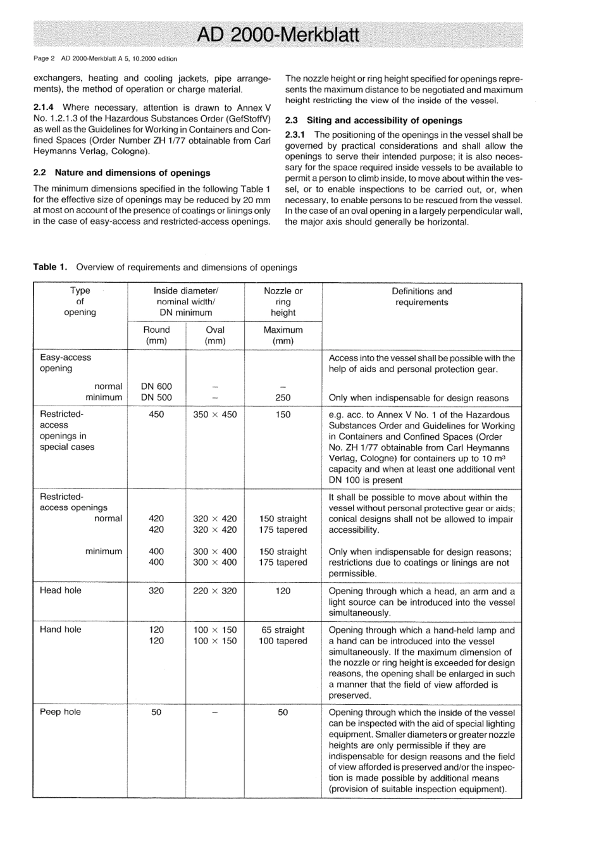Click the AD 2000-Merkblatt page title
pyautogui.click(x=279, y=34)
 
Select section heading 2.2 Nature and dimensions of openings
pyautogui.click(x=121, y=173)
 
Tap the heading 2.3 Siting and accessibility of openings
pyautogui.click(x=373, y=120)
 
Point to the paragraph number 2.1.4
pyautogui.click(x=45, y=108)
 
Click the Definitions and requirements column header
pyautogui.click(x=421, y=297)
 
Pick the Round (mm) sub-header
pyautogui.click(x=156, y=335)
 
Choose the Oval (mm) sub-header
pyautogui.click(x=215, y=335)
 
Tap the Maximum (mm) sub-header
pyautogui.click(x=283, y=335)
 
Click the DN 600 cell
pyautogui.click(x=156, y=387)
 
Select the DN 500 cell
pyautogui.click(x=156, y=398)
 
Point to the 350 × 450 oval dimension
pyautogui.click(x=215, y=414)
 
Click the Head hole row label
pyautogui.click(x=60, y=590)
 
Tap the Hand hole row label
pyautogui.click(x=60, y=630)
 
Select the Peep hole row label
pyautogui.click(x=60, y=712)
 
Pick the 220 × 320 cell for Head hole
pyautogui.click(x=215, y=591)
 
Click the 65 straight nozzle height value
pyautogui.click(x=283, y=630)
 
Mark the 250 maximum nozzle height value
pyautogui.click(x=283, y=398)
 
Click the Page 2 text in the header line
pyautogui.click(x=44, y=59)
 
